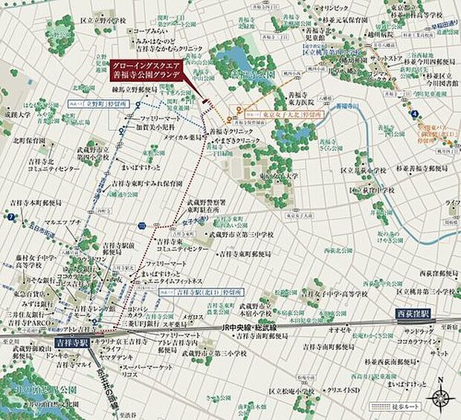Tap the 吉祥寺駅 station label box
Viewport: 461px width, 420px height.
[x=71, y=344]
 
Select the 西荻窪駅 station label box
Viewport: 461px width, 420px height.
[x=413, y=314]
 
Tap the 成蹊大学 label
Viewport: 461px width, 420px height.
[x=19, y=115]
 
